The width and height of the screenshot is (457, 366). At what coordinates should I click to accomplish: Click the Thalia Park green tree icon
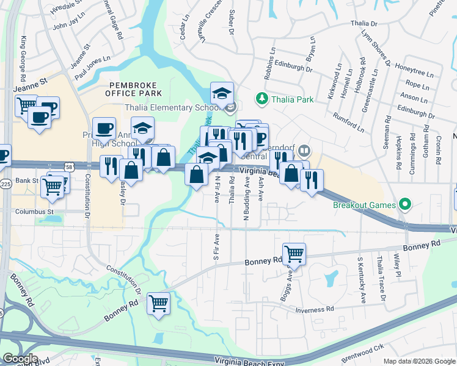[x=261, y=98]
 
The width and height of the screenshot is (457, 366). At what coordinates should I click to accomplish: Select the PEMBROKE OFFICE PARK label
[x=134, y=89]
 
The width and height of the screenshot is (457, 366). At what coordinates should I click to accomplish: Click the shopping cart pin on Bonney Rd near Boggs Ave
[x=294, y=253]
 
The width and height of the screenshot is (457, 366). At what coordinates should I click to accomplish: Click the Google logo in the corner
[x=20, y=359]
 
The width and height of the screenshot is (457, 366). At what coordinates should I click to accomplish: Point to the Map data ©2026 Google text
[x=419, y=361]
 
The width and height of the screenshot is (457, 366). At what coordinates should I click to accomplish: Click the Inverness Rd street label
[x=314, y=309]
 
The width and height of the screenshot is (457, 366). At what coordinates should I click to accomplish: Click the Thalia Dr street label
[x=367, y=23]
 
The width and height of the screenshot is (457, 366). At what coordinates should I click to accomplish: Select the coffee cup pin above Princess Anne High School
[x=103, y=128]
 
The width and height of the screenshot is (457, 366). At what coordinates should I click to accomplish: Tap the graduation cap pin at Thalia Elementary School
[x=222, y=93]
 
